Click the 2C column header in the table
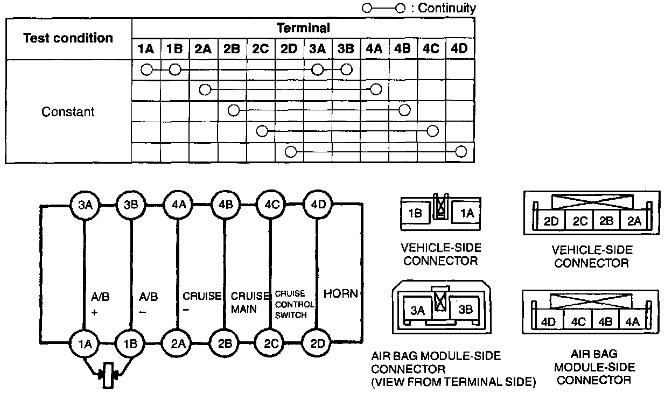pos(260,49)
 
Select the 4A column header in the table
pos(374,49)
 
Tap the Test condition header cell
pos(68,38)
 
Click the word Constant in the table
pos(68,112)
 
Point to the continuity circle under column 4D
pos(460,151)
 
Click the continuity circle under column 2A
pos(205,89)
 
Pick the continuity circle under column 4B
pos(404,110)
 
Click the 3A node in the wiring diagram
pos(85,205)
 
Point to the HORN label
pos(340,294)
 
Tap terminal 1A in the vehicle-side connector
pos(466,213)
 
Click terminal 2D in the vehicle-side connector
pos(550,221)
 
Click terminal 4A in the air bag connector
pos(633,322)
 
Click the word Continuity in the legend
pos(447,8)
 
